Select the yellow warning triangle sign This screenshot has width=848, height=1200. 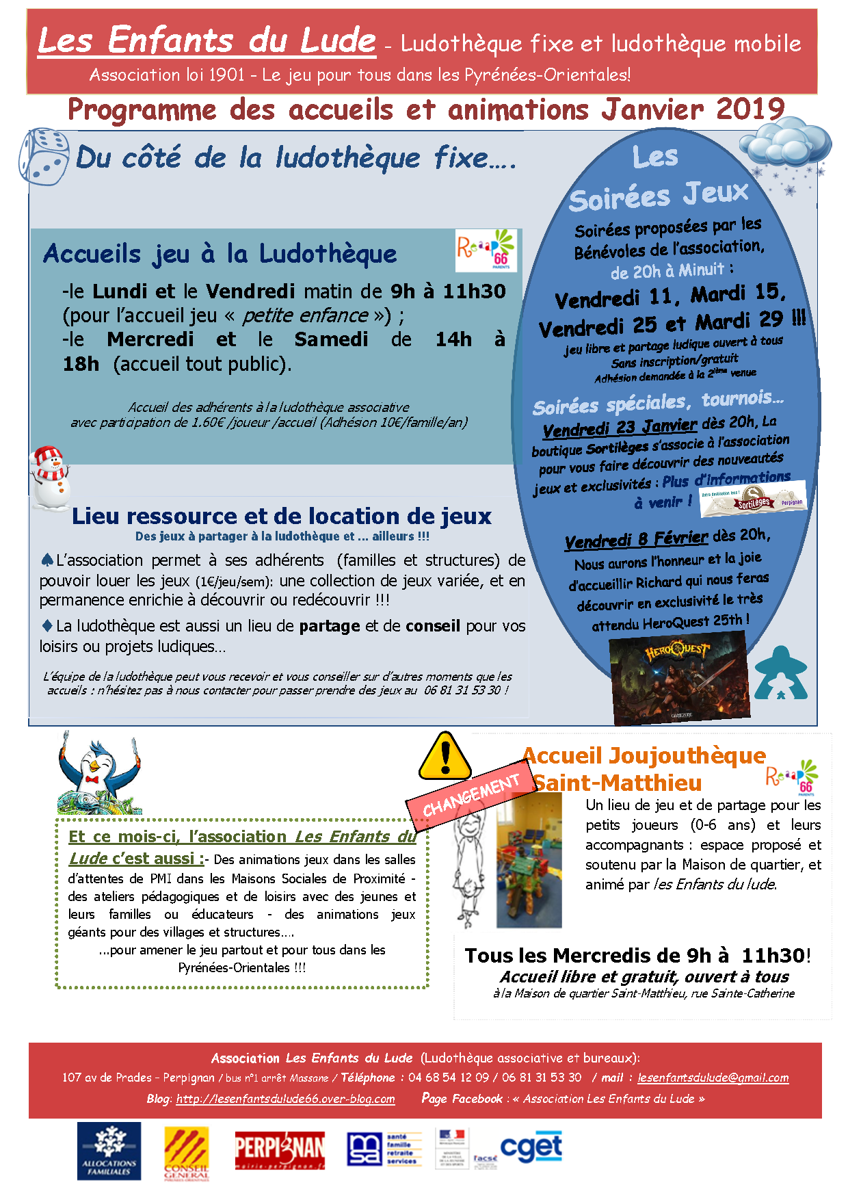pyautogui.click(x=445, y=756)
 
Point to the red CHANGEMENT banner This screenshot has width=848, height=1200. pyautogui.click(x=471, y=796)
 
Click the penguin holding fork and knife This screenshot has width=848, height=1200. pyautogui.click(x=99, y=773)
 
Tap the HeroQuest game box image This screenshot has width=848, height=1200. pyautogui.click(x=678, y=677)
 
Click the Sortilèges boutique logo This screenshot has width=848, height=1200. pyautogui.click(x=754, y=498)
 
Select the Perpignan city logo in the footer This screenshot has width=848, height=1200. pyautogui.click(x=280, y=1151)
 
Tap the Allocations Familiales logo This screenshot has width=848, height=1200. pyautogui.click(x=109, y=1151)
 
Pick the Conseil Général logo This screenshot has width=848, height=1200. pyautogui.click(x=186, y=1153)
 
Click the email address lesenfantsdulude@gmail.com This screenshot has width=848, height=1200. pyautogui.click(x=713, y=1078)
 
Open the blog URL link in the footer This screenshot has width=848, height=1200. pyautogui.click(x=285, y=1099)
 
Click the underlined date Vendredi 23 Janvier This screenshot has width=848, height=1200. pyautogui.click(x=620, y=427)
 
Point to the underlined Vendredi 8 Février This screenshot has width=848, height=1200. pyautogui.click(x=636, y=539)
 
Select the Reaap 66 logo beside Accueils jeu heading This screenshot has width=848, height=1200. pyautogui.click(x=486, y=250)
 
